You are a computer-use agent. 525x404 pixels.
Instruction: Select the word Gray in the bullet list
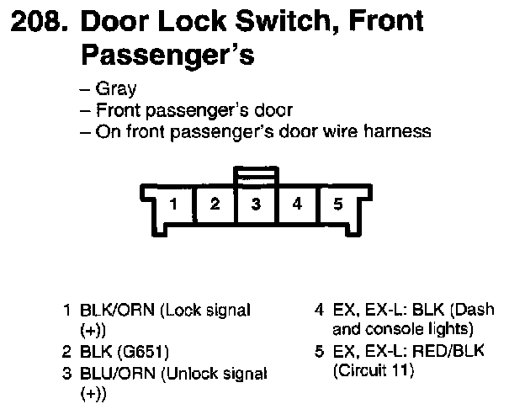(x=116, y=88)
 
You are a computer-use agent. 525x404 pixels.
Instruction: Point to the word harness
(x=401, y=131)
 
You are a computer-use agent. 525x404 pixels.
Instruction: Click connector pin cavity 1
(x=172, y=204)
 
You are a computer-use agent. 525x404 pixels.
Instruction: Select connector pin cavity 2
(x=215, y=204)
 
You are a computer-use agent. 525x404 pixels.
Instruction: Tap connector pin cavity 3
(x=256, y=204)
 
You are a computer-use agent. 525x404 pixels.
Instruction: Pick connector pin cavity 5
(x=337, y=204)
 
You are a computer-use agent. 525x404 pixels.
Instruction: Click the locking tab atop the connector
(x=256, y=176)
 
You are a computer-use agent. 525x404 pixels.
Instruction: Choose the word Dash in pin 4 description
(x=475, y=310)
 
